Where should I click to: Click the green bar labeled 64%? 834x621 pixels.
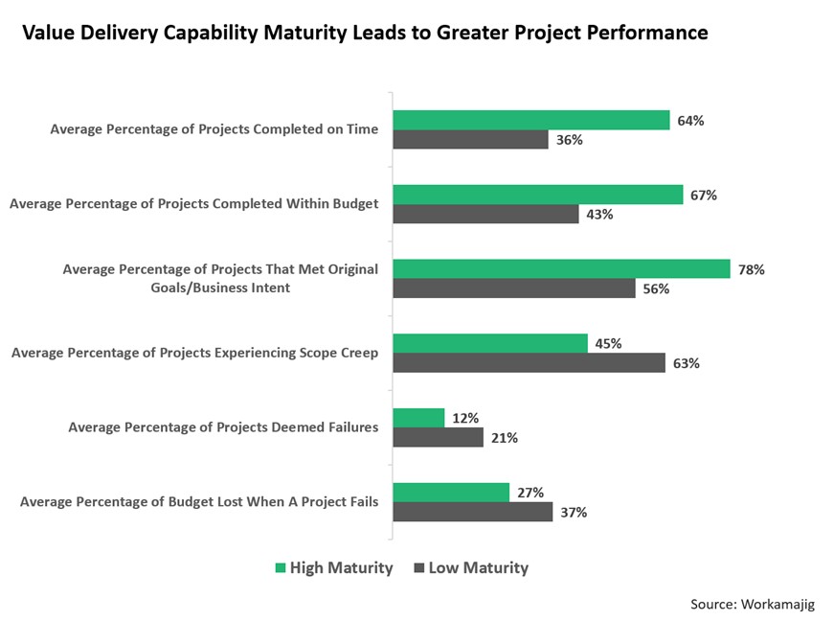[x=531, y=120]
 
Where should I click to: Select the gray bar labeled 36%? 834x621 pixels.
[x=470, y=140]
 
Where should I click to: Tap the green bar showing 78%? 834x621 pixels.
[x=561, y=269]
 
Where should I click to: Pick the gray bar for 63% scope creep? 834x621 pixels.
[x=530, y=363]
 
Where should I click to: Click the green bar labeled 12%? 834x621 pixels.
[x=418, y=418]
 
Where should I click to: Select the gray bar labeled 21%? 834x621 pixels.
[x=439, y=438]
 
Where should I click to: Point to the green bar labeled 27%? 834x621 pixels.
[x=451, y=493]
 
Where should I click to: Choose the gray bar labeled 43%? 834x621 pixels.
[x=485, y=215]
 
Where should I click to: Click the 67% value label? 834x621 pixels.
[x=703, y=195]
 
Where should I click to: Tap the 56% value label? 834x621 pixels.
[x=656, y=289]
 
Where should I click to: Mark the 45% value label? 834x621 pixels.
[x=608, y=344]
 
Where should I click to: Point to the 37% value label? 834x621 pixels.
[x=574, y=513]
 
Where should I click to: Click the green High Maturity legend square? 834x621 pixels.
[x=280, y=568]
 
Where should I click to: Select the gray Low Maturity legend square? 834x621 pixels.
[x=418, y=568]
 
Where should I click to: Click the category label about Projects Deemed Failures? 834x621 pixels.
[x=223, y=427]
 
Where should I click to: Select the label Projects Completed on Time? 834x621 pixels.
[x=214, y=129]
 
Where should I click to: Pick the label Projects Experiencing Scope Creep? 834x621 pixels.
[x=194, y=353]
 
